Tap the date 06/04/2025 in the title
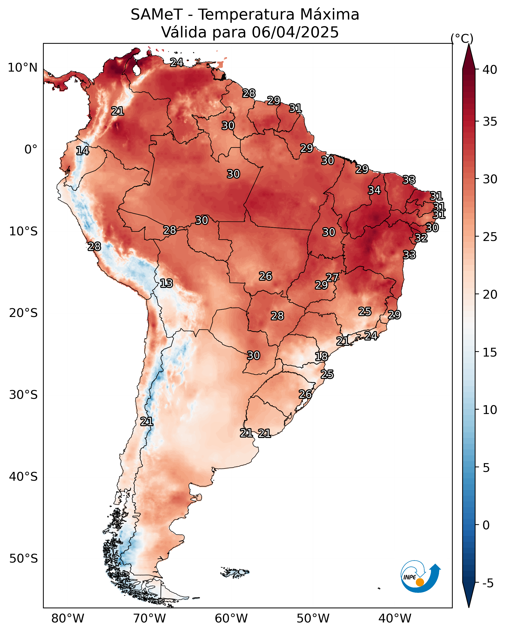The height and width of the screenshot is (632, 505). click(295, 32)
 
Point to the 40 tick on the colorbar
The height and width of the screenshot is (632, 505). click(490, 70)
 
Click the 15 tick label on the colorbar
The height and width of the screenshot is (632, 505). click(490, 352)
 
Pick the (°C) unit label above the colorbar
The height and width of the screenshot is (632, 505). click(462, 38)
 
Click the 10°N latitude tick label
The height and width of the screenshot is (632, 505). click(22, 68)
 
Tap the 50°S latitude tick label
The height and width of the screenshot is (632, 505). click(23, 559)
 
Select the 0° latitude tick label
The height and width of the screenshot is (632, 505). click(31, 150)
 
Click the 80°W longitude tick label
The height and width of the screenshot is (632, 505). click(68, 619)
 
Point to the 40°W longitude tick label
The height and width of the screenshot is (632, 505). click(395, 619)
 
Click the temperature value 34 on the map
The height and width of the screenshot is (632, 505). click(374, 190)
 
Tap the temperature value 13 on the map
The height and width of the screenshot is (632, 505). click(166, 283)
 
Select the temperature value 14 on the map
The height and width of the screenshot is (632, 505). click(82, 151)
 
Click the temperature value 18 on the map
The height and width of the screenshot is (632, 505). click(322, 357)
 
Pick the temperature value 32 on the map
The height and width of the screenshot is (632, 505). click(421, 238)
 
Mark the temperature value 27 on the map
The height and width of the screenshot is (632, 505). click(332, 277)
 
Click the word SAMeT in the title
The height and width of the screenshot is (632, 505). click(157, 15)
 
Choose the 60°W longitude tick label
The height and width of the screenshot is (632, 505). click(231, 619)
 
